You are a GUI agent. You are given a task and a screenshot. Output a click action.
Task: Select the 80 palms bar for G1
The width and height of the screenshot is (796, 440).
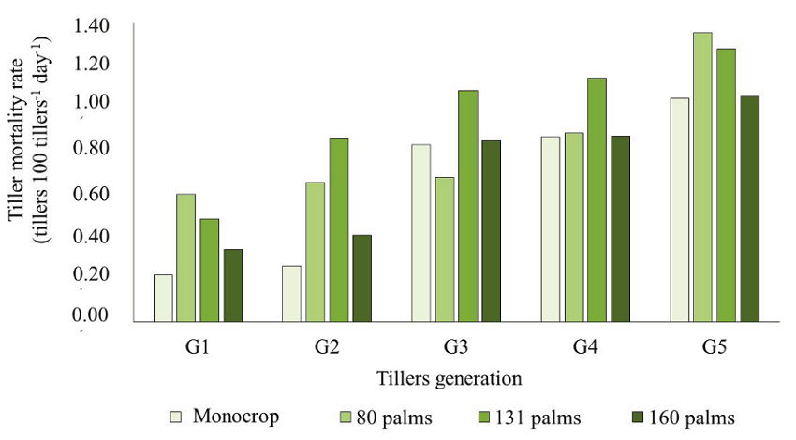tap(186, 257)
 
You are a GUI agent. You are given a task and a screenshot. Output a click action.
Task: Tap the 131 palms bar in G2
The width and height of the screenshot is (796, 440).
tap(338, 229)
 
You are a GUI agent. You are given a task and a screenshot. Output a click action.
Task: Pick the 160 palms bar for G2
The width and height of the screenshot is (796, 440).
tap(361, 278)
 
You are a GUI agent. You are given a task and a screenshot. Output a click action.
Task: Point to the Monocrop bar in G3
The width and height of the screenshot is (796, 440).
tap(421, 233)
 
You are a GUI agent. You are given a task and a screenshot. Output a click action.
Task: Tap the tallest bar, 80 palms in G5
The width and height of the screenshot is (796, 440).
tap(702, 177)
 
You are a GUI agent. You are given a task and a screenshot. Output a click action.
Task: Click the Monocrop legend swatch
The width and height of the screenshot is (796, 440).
tap(174, 417)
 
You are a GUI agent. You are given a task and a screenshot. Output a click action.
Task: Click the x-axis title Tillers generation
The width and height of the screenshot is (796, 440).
tap(450, 379)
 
